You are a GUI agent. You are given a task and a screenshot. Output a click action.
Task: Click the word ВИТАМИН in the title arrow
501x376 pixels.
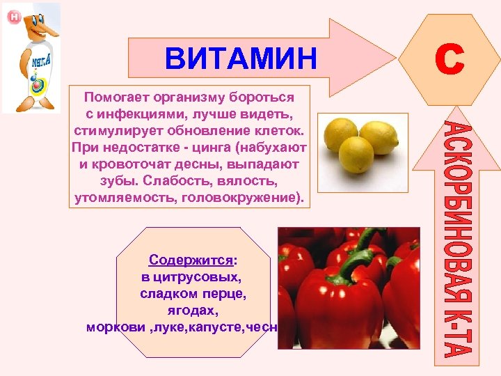[x=240, y=58]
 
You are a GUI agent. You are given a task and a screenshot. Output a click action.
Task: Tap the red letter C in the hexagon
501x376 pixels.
[x=449, y=60]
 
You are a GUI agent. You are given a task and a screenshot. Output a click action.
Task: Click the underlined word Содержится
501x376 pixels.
[x=191, y=260]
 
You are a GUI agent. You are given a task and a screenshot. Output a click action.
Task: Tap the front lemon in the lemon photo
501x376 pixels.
[x=355, y=154]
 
